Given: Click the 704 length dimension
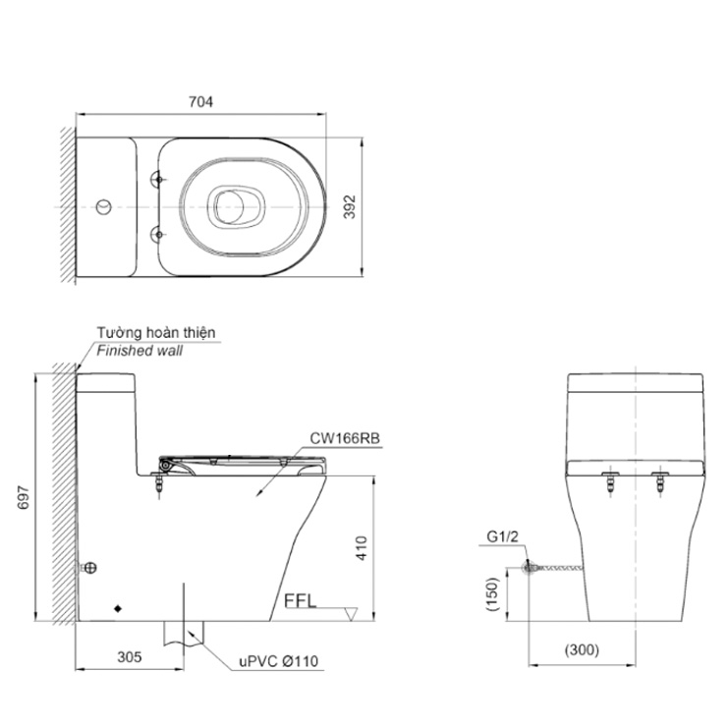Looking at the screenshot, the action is pyautogui.click(x=200, y=101).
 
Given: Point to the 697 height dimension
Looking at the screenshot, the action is pyautogui.click(x=24, y=497).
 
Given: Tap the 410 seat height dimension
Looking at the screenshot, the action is pyautogui.click(x=362, y=548).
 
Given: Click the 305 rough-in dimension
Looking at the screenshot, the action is pyautogui.click(x=130, y=657).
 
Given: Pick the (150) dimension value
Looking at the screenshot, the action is pyautogui.click(x=492, y=594).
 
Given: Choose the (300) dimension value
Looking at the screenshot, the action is pyautogui.click(x=582, y=649).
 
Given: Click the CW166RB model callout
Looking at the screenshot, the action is pyautogui.click(x=345, y=438).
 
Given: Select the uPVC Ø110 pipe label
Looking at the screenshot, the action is pyautogui.click(x=279, y=661).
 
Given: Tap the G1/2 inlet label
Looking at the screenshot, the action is pyautogui.click(x=503, y=537).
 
